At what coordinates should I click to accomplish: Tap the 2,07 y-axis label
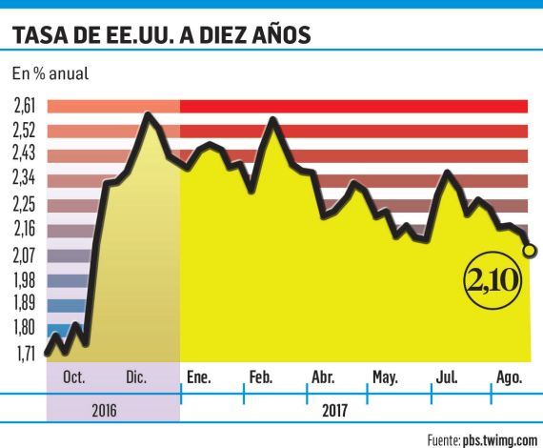27,255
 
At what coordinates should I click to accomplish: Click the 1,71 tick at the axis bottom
27,353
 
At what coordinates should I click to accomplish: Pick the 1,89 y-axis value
27,303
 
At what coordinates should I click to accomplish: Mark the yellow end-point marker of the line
530,250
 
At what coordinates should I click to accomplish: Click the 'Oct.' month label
75,378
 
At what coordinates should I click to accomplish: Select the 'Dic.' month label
135,378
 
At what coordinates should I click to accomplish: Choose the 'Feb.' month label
261,378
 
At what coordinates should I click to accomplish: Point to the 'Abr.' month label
323,378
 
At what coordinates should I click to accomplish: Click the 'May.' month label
385,378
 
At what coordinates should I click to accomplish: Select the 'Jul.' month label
446,378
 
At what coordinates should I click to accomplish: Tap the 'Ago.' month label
509,378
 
